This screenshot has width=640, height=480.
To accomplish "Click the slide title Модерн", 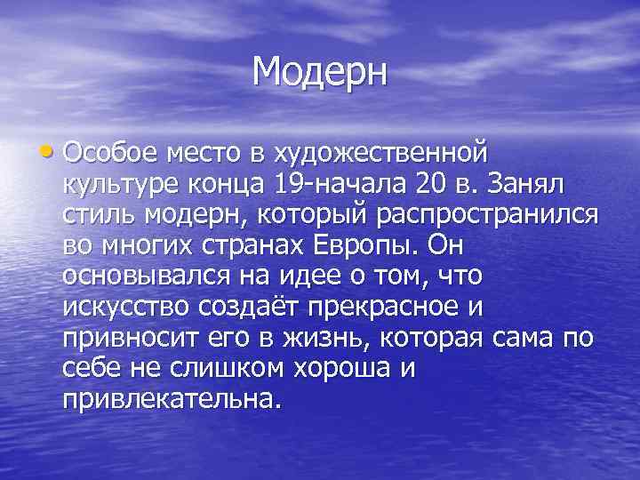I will [x=320, y=70].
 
